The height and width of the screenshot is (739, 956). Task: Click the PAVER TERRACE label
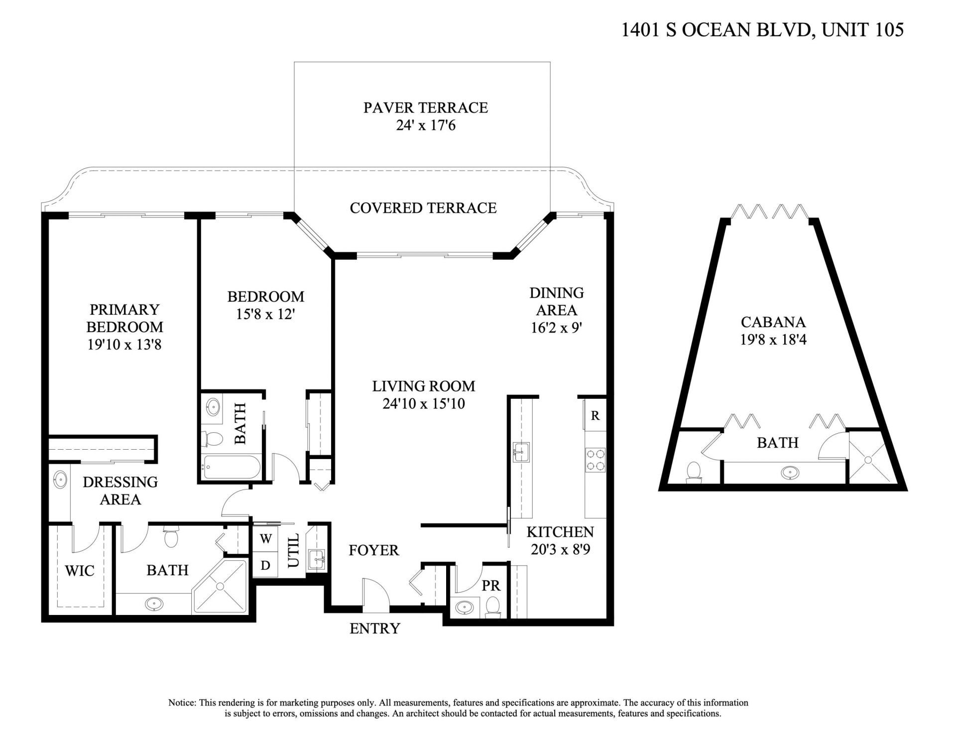click(425, 108)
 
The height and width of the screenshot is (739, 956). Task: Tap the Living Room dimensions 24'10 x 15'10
click(423, 403)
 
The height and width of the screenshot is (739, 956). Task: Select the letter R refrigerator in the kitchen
click(595, 415)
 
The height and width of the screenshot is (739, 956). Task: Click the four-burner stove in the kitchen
click(595, 460)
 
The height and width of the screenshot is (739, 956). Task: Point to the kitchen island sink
click(521, 452)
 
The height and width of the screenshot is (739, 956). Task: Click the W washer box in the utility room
click(266, 539)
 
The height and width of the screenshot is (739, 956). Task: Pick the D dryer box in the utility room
click(266, 565)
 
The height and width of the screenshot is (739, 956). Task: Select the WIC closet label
click(80, 571)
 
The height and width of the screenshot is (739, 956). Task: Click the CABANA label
click(773, 322)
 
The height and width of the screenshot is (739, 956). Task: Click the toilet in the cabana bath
click(694, 472)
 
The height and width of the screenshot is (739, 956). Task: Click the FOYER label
click(373, 550)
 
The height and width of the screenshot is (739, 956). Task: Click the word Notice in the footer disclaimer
click(182, 703)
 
